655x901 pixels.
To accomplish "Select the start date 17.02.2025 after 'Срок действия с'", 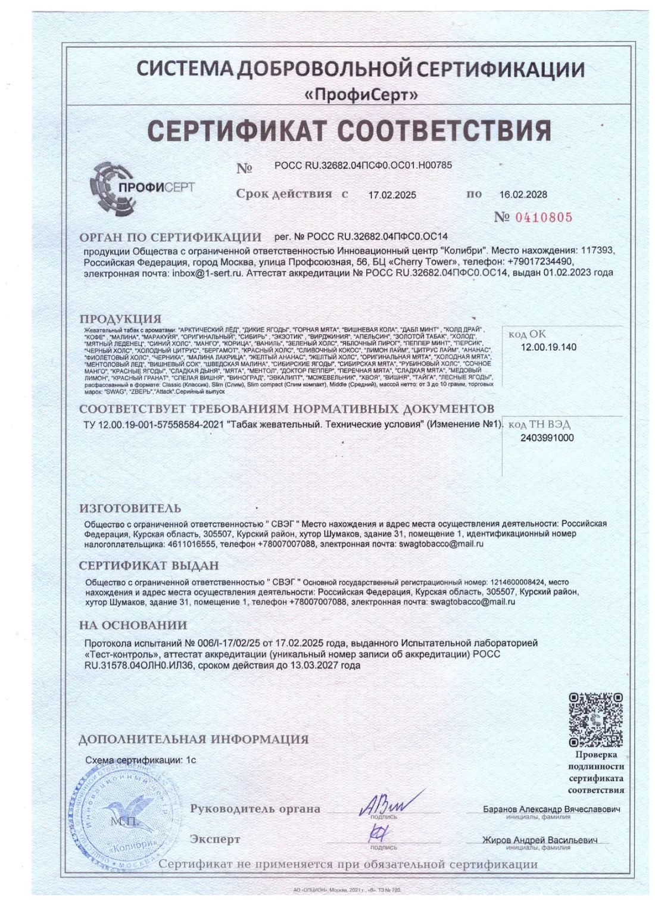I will pos(392,195).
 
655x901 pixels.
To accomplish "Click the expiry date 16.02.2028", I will pos(523,195).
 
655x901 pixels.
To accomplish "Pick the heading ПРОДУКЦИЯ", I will pos(120,319).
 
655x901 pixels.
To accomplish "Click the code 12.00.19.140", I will pos(548,347).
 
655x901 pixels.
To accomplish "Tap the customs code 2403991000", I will pos(547,438).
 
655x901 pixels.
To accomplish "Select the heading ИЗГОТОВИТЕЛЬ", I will pos(130,509).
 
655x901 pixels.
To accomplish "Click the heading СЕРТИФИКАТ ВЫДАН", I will pos(149,565).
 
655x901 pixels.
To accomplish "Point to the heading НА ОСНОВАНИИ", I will pos(133,625).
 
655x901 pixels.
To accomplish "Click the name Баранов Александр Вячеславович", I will pos(551,809).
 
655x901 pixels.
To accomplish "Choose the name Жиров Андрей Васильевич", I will pos(539,840).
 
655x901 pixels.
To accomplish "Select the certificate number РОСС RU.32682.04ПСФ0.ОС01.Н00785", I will pos(363,165).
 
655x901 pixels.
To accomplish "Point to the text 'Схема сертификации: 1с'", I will pos(141,760).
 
